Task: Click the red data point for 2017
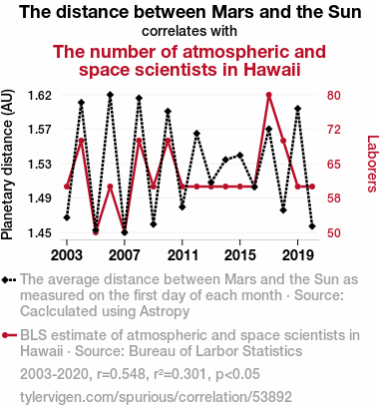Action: (269, 95)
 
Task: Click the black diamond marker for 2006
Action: (110, 95)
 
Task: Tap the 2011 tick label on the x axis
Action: (183, 255)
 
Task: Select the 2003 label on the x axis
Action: (67, 255)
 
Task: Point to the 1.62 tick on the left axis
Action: (40, 96)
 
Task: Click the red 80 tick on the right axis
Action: (334, 96)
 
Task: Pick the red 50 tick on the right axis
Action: (334, 232)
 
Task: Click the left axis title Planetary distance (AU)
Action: (7, 165)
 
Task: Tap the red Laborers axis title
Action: (373, 164)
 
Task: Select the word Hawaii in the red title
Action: (272, 70)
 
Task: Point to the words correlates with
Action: (189, 31)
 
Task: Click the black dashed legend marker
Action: (9, 280)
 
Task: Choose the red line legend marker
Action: (9, 335)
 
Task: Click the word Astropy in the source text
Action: (165, 311)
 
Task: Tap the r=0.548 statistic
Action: (122, 374)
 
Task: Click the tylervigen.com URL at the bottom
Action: (156, 397)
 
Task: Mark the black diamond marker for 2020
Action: (312, 226)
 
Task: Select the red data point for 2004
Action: (81, 141)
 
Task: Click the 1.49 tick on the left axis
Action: (40, 199)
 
